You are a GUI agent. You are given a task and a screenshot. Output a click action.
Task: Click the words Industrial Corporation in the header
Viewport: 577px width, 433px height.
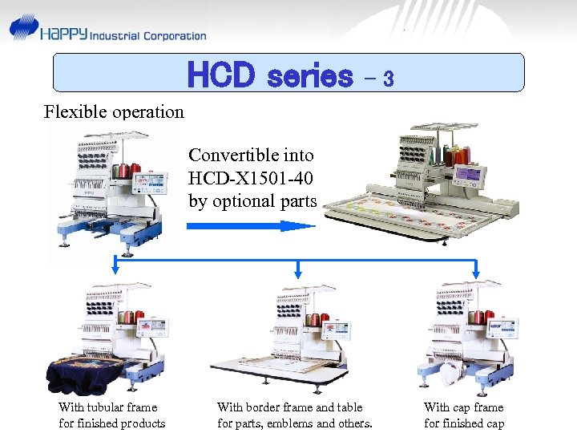pos(148,35)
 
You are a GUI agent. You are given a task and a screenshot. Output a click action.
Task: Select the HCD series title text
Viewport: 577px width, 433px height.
pos(269,75)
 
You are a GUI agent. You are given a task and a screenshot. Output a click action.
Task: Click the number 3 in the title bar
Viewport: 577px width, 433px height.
pos(388,79)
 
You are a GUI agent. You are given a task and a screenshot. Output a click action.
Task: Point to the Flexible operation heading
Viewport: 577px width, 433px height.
pos(114,111)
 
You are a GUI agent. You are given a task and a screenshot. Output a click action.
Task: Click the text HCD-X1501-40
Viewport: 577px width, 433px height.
pos(252,177)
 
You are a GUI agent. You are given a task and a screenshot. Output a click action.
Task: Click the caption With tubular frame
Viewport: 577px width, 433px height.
pos(108,407)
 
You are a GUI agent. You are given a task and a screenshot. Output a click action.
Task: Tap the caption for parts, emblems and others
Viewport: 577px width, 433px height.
pos(295,423)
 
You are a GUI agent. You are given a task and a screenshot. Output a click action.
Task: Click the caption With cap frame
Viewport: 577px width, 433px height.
pos(464,407)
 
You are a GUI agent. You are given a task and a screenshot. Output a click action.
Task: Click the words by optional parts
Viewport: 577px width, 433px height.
pos(253,200)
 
